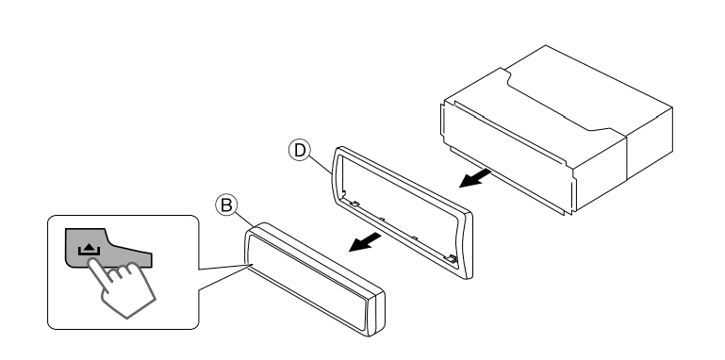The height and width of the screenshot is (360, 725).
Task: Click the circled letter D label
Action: tap(300, 150)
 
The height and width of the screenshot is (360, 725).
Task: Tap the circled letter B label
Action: tap(226, 205)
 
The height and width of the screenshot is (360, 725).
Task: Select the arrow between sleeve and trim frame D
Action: tap(475, 178)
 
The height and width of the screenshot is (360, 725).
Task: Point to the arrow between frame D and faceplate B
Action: tap(364, 242)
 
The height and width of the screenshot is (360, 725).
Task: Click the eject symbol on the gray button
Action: tap(89, 250)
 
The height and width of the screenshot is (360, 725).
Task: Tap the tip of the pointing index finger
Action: tap(92, 262)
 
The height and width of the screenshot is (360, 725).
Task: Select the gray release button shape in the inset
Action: tap(108, 248)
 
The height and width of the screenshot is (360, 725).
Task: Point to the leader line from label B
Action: tap(244, 220)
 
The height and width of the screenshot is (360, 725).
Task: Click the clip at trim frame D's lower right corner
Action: tap(451, 259)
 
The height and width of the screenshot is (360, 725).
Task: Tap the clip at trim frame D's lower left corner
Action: tap(354, 203)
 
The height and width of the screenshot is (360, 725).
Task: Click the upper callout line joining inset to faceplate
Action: tap(225, 267)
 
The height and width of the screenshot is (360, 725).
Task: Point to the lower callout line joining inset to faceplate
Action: tap(225, 278)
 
